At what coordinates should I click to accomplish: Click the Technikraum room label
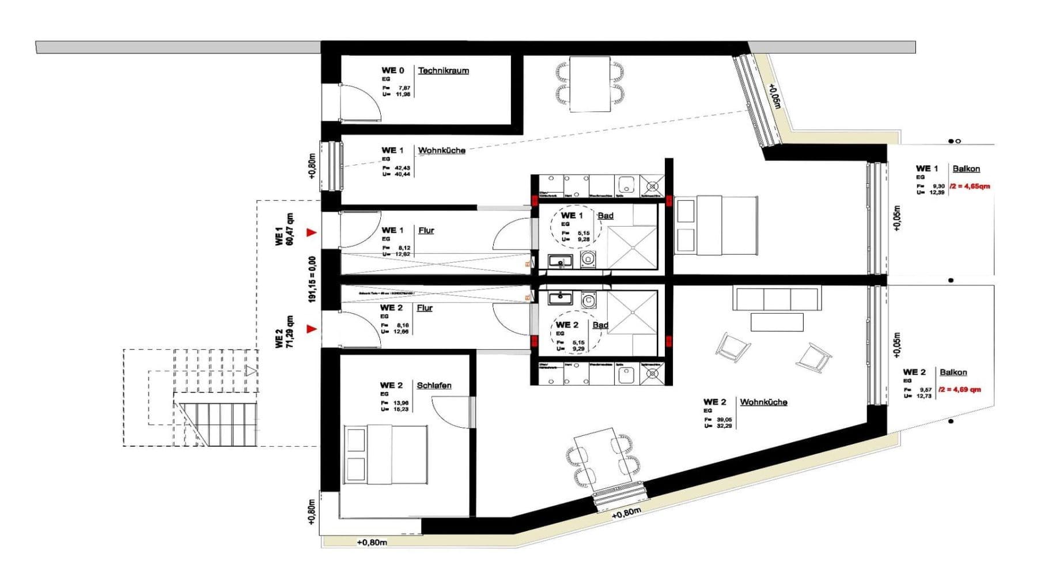click(x=443, y=71)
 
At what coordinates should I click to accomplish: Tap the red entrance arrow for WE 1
click(x=312, y=232)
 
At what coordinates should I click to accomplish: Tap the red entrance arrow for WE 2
click(x=312, y=329)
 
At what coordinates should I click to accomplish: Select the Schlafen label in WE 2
click(x=434, y=385)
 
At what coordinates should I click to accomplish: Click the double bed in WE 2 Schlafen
click(x=386, y=455)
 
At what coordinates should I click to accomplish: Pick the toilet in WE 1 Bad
click(x=588, y=259)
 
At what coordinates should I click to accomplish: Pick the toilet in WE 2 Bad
click(x=588, y=300)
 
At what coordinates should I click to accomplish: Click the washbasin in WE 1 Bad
click(x=560, y=261)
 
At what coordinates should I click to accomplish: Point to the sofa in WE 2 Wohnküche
click(x=777, y=299)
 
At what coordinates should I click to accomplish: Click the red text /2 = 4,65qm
click(x=970, y=186)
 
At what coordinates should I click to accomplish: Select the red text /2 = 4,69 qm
click(x=959, y=390)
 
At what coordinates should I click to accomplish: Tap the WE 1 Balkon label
click(x=966, y=169)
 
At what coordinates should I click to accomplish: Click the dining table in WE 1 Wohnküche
click(x=590, y=84)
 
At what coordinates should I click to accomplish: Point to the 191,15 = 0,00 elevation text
click(x=312, y=280)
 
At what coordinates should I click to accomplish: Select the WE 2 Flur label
click(x=425, y=308)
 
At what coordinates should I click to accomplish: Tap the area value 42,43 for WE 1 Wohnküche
click(x=403, y=168)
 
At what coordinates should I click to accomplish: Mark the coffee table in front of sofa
click(x=777, y=322)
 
